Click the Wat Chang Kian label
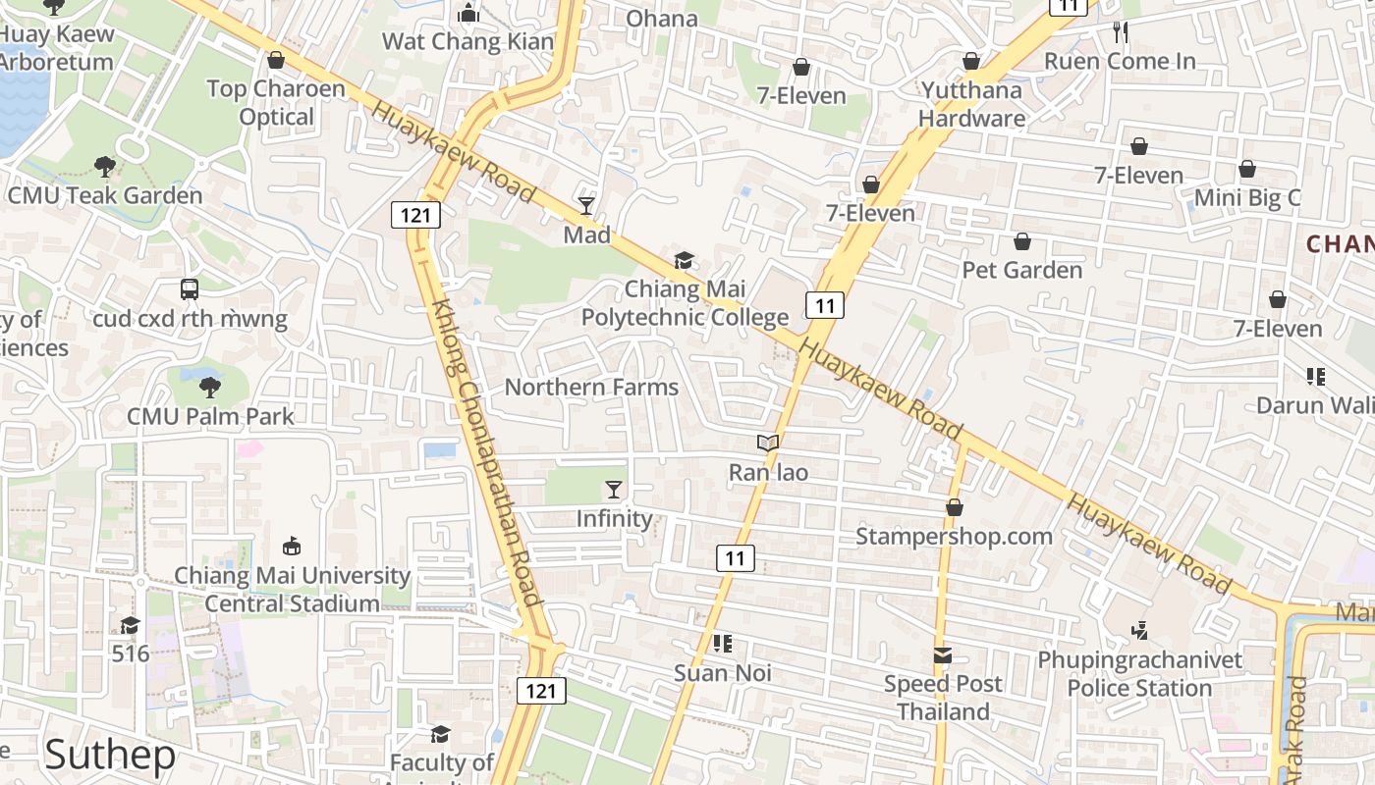point(467,41)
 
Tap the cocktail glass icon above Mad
point(586,205)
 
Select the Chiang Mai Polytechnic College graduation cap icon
point(684,260)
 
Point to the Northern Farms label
point(591,388)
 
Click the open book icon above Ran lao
point(768,444)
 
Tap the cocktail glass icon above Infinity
point(614,489)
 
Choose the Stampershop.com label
point(954,537)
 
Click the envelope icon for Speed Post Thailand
point(943,654)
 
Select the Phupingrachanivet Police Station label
point(1139,674)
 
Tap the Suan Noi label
point(722,674)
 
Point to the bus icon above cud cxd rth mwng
point(190,289)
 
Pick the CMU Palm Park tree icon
point(209,387)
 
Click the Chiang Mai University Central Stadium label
point(292,590)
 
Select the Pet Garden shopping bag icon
point(1022,241)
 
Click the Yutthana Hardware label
point(972,104)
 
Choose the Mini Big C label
point(1246,198)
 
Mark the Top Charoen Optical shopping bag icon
point(276,61)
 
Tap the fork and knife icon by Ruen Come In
point(1121,32)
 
